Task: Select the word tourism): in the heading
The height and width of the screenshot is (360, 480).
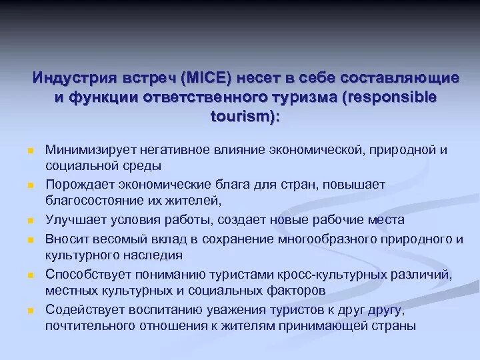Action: click(245, 116)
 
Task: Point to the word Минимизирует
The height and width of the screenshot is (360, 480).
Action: click(87, 150)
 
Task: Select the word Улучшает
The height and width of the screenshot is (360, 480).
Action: click(72, 219)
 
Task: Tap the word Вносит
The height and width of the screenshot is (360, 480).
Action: click(65, 238)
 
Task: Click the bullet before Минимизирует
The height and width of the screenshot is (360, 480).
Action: click(23, 151)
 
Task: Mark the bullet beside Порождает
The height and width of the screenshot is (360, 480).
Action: click(23, 185)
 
